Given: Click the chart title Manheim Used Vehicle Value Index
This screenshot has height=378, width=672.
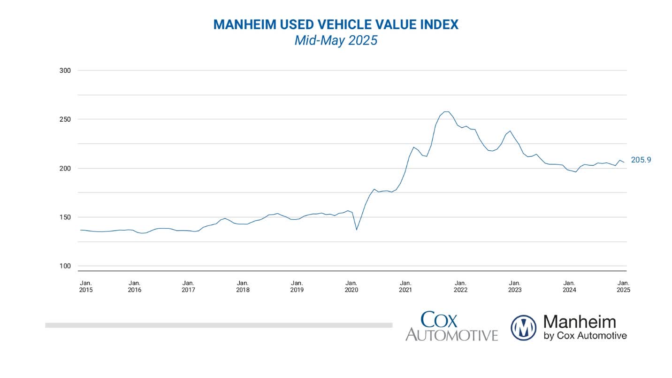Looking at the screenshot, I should coord(336,24).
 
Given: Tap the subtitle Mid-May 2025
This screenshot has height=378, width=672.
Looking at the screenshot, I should coord(336,40).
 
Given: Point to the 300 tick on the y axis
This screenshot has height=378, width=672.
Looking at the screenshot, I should coord(65,70).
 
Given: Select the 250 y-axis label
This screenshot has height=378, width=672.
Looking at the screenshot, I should coord(65,119).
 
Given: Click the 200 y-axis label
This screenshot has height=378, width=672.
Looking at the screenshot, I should coord(65,168).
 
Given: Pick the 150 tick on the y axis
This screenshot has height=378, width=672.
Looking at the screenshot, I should coord(65,217).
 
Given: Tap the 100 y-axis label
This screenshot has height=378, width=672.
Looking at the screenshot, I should coord(65,266).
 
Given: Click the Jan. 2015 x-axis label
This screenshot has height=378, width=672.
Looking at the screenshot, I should coord(86,286).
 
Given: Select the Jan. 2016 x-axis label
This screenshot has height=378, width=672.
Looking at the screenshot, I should coord(134,286).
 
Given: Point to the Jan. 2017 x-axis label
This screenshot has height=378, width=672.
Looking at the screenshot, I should coord(188,286).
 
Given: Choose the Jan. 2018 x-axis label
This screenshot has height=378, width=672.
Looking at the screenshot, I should coord(243,286).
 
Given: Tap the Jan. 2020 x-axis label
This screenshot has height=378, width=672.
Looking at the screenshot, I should coord(351,286).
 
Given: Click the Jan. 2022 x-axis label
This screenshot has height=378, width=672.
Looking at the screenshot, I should coord(460,286).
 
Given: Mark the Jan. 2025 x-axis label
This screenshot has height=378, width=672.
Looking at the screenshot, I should coord(623,286).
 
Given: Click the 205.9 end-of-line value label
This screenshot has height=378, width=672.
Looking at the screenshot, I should coord(641,160).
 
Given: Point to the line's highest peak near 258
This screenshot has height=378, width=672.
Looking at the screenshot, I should coord(446,112).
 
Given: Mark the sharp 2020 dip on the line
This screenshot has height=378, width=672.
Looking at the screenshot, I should coord(357,229).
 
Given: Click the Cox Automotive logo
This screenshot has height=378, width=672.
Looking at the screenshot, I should coord(451,326).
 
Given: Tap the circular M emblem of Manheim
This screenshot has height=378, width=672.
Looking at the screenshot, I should coord(523,327).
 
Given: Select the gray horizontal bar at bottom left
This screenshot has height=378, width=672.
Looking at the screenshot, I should coord(218,325).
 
